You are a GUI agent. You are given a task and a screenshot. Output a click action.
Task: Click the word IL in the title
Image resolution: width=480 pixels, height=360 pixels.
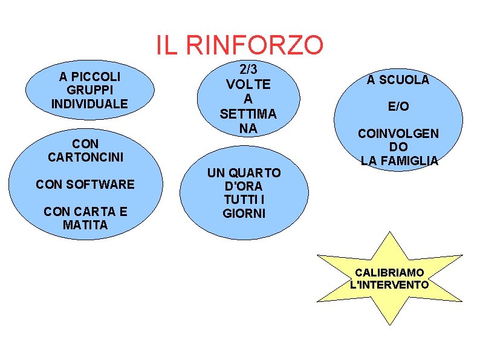tap(166, 45)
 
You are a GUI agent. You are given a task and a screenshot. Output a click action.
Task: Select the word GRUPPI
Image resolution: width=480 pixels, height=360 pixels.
tap(89, 90)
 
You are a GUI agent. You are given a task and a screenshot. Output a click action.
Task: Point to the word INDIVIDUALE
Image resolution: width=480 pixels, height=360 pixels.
tap(89, 103)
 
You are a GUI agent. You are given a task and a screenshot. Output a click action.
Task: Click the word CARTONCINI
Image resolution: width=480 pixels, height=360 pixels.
tap(85, 157)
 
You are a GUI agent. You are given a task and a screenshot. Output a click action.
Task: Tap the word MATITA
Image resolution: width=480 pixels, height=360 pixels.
tap(85, 225)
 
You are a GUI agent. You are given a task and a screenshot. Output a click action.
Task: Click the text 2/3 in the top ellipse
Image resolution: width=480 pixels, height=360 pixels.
tap(248, 70)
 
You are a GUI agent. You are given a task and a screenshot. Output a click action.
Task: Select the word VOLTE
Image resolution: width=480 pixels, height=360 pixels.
tap(248, 84)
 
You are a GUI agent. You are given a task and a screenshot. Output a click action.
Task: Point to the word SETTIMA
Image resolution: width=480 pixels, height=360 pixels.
tap(248, 113)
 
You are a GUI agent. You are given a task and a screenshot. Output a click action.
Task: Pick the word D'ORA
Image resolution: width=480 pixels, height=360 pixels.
tap(244, 186)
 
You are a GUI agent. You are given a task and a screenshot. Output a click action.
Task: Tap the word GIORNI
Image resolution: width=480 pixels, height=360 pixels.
tap(244, 213)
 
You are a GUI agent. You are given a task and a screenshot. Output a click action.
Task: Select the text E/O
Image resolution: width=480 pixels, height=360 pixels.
tap(398, 106)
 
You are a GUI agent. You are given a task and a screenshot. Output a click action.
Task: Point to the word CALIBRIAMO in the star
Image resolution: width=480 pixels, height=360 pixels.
tap(389, 272)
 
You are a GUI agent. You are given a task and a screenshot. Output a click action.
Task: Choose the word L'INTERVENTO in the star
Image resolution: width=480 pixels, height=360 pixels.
tap(389, 284)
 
